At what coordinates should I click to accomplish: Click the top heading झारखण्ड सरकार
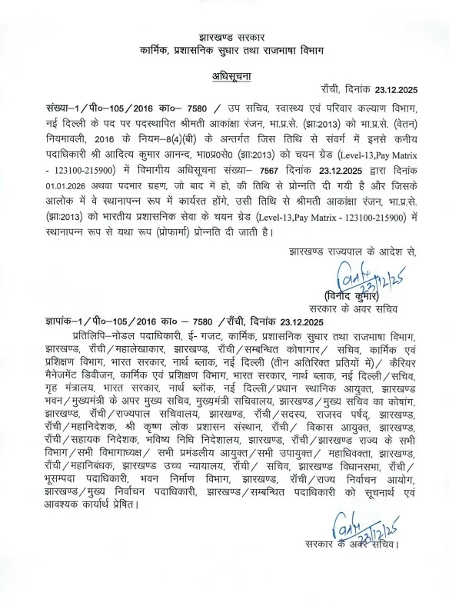point(224,36)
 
